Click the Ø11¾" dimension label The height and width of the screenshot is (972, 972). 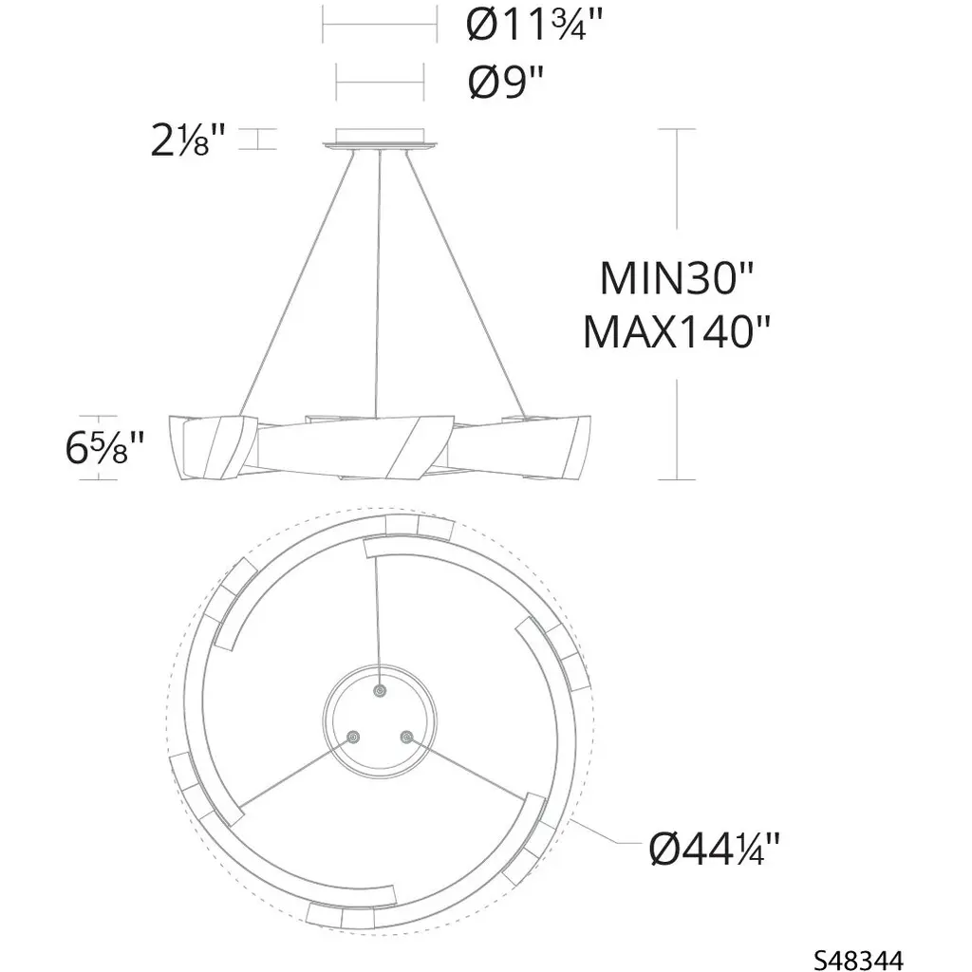coord(533,26)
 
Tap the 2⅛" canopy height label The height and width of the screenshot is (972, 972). coord(187,140)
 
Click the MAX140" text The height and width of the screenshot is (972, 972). coord(676,331)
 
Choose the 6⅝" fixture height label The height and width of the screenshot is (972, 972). coord(104,448)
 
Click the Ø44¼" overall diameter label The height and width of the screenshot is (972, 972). coord(714,849)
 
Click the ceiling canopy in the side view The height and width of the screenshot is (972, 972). coord(380,139)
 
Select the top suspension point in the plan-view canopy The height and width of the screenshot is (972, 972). coord(380,691)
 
